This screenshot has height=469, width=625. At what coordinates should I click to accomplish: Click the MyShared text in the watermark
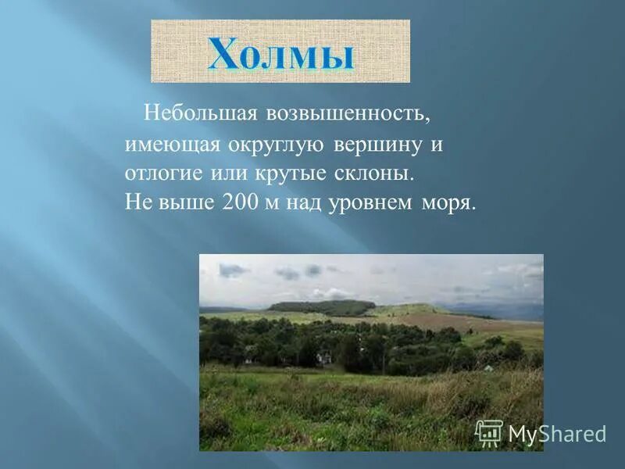point(557,434)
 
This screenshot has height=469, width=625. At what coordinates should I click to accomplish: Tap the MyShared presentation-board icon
point(489,433)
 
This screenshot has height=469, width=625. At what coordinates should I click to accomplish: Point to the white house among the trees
point(322,357)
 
